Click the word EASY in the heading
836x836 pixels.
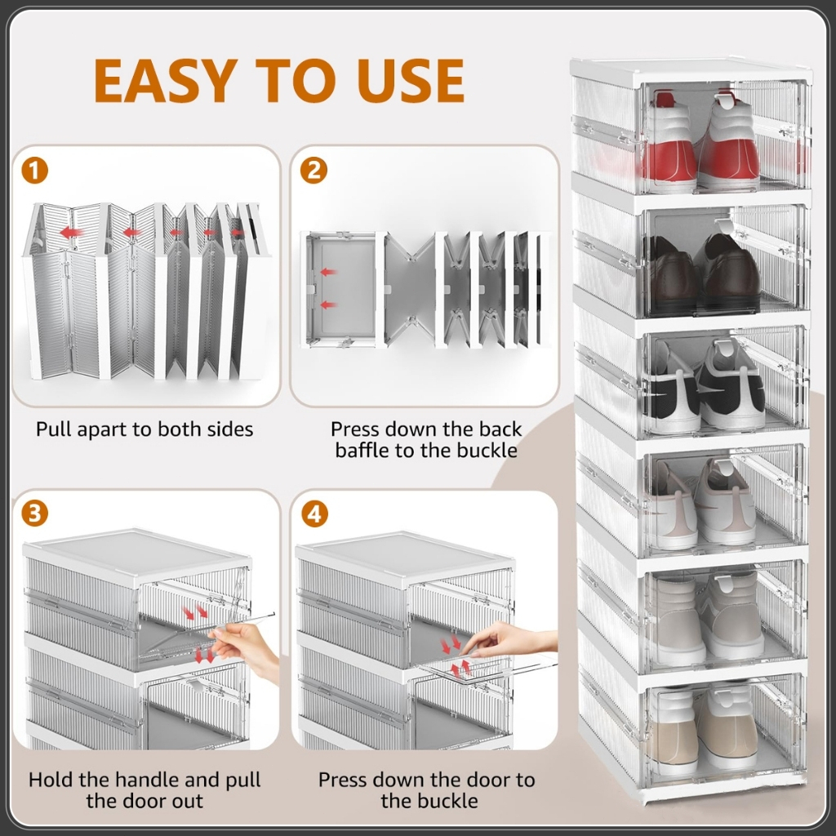tap(166, 80)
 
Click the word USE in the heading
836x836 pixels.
tap(411, 80)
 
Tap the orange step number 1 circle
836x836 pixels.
tap(34, 171)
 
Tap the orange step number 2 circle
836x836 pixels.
tap(314, 171)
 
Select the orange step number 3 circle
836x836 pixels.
tap(34, 514)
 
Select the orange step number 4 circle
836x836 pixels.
tap(314, 514)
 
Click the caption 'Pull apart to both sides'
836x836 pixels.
tap(145, 429)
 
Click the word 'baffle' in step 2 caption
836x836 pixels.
tap(362, 451)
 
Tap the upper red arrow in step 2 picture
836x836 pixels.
tap(328, 273)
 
